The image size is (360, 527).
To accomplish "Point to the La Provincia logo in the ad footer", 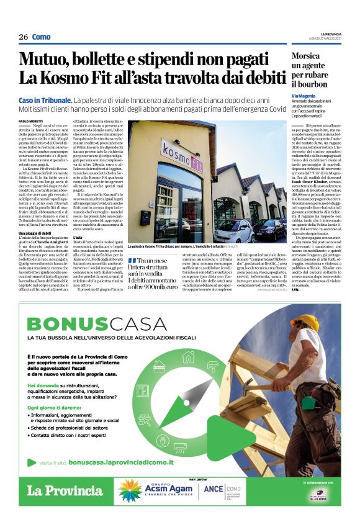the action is [65, 490].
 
